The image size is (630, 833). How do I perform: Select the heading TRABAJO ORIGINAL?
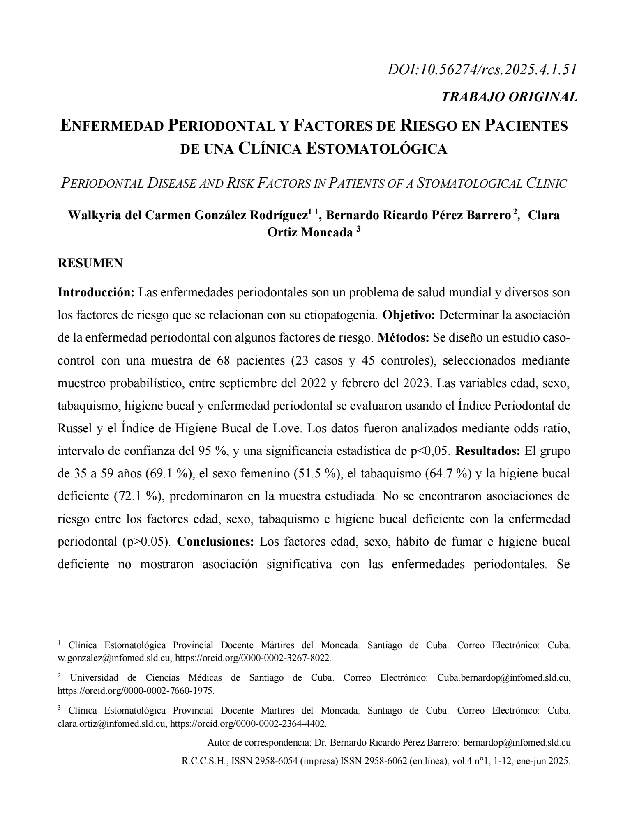coord(509,97)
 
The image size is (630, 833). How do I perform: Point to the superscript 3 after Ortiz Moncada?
coord(358,230)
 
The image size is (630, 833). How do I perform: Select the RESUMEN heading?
coord(90,263)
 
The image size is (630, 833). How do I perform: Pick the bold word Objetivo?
coord(408,316)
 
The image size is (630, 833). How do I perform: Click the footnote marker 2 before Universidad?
coord(59,676)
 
